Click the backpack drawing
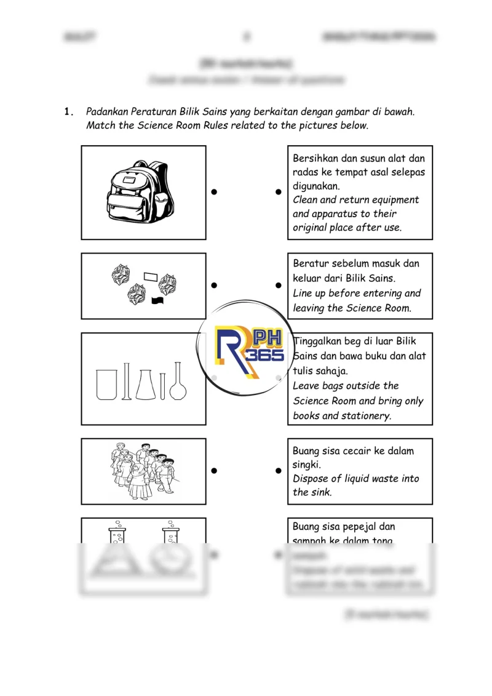click(x=140, y=192)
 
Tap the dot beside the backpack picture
click(x=214, y=192)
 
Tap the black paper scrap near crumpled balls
click(x=158, y=300)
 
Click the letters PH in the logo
click(x=267, y=338)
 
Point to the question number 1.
click(x=68, y=112)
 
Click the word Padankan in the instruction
click(x=108, y=112)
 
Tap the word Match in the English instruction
click(x=100, y=126)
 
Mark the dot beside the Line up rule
click(x=279, y=286)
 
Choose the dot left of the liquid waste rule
click(x=279, y=471)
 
